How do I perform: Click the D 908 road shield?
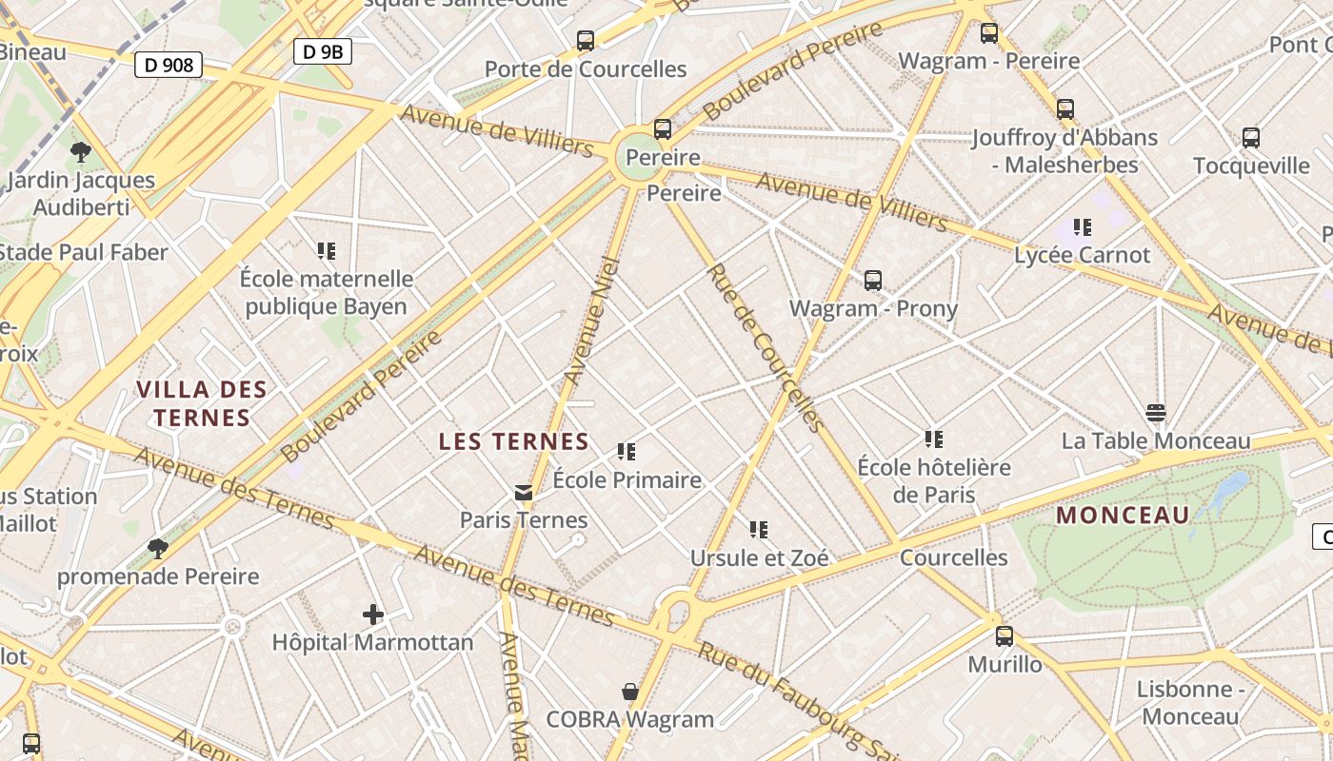pyautogui.click(x=169, y=65)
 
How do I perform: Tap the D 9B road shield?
pyautogui.click(x=322, y=51)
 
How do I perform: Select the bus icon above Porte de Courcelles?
pyautogui.click(x=586, y=41)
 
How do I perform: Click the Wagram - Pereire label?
pyautogui.click(x=988, y=61)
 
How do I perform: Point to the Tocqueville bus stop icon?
pyautogui.click(x=1251, y=138)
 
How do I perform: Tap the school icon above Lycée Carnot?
pyautogui.click(x=1082, y=227)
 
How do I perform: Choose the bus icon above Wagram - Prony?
pyautogui.click(x=873, y=281)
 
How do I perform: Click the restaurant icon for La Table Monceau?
pyautogui.click(x=1156, y=413)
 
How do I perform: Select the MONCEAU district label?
pyautogui.click(x=1124, y=516)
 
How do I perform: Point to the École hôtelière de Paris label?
pyautogui.click(x=934, y=480)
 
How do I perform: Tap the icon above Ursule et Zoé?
pyautogui.click(x=758, y=530)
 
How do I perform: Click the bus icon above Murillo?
pyautogui.click(x=1005, y=636)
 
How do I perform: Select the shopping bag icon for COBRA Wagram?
pyautogui.click(x=629, y=691)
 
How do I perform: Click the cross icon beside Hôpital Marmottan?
pyautogui.click(x=373, y=615)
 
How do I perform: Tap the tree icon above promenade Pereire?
pyautogui.click(x=158, y=549)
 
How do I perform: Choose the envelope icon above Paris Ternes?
pyautogui.click(x=524, y=493)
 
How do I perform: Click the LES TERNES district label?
pyautogui.click(x=514, y=441)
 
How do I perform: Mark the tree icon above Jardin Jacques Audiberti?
pyautogui.click(x=81, y=152)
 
